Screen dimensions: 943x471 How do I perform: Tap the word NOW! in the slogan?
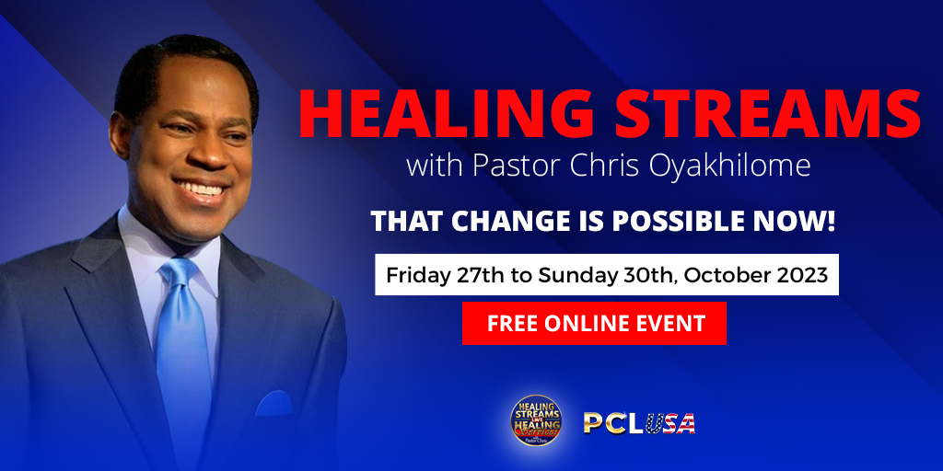(x=797, y=222)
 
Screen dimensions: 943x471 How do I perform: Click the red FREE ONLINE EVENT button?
(x=594, y=323)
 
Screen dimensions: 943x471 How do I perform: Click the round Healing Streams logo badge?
(x=536, y=419)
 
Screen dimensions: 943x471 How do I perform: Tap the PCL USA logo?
(x=639, y=423)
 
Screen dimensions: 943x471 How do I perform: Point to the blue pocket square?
(x=274, y=404)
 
